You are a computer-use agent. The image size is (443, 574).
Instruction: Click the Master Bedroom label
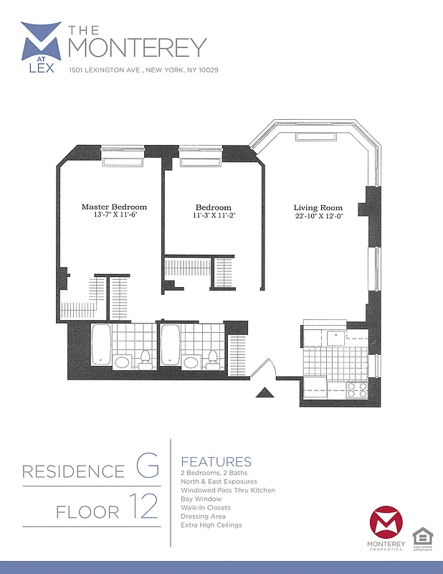tap(114, 207)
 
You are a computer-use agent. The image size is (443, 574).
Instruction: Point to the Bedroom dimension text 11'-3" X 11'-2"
tap(214, 215)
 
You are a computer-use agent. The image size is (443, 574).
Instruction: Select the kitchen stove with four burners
tap(357, 390)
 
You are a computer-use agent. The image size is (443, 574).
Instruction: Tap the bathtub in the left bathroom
tap(101, 344)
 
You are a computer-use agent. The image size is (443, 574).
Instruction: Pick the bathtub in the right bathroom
tap(170, 344)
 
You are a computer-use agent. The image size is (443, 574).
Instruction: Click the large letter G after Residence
tap(147, 467)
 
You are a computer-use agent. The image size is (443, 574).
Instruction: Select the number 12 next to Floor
tap(145, 507)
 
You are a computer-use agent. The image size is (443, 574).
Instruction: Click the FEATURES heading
tap(216, 461)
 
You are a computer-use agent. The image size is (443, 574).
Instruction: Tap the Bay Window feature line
tap(201, 499)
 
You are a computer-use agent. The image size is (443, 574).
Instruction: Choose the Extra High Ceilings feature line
tap(211, 524)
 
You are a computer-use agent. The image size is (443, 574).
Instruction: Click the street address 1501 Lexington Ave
tap(143, 70)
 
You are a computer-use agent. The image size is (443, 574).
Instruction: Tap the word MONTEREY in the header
tap(137, 47)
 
